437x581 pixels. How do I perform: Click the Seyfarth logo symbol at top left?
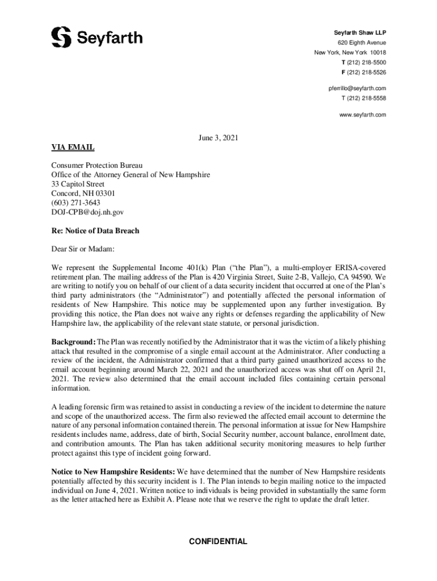[61, 37]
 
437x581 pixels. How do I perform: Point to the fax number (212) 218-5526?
[366, 73]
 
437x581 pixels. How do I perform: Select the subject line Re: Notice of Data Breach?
[95, 231]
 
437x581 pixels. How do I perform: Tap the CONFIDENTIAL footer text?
[218, 541]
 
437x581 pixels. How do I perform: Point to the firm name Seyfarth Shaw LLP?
[359, 32]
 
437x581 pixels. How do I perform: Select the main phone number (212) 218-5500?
[366, 62]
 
